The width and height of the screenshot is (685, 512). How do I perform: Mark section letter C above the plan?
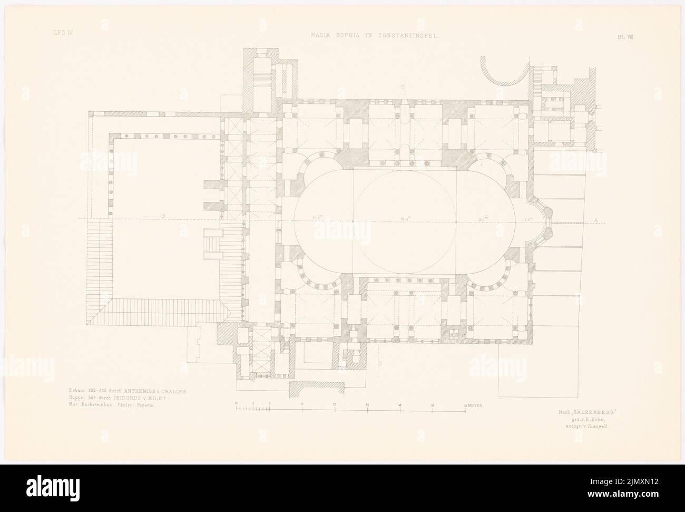pyautogui.click(x=402, y=87)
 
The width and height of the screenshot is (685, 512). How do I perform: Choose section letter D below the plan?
pyautogui.click(x=379, y=363)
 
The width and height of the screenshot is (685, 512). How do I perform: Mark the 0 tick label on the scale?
pyautogui.click(x=270, y=405)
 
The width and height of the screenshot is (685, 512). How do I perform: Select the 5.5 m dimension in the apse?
pyautogui.click(x=528, y=217)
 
